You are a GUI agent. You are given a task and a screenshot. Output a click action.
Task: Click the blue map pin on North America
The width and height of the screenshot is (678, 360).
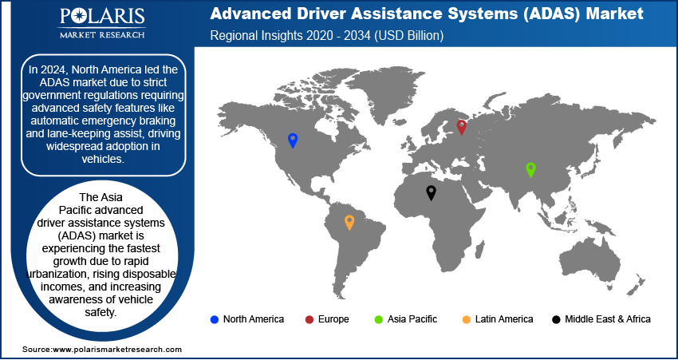tap(293, 140)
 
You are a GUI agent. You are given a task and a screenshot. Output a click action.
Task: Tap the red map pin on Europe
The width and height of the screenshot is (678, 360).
tap(461, 126)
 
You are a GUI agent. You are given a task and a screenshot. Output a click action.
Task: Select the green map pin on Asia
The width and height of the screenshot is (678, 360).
tap(530, 169)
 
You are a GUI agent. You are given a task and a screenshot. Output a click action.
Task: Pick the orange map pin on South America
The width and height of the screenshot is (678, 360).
tap(349, 222)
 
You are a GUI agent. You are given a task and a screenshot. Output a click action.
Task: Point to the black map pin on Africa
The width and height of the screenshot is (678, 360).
tap(431, 192)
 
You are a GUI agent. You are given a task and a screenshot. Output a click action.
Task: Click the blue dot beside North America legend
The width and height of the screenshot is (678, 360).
tap(214, 319)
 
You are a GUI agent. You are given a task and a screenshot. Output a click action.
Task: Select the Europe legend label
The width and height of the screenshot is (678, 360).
tap(333, 319)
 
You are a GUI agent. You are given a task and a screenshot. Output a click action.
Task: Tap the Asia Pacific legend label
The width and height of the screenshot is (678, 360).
tap(412, 319)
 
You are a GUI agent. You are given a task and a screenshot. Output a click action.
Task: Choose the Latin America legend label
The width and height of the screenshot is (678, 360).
tap(504, 319)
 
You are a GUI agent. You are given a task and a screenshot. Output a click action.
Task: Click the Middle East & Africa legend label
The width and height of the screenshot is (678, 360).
tap(608, 319)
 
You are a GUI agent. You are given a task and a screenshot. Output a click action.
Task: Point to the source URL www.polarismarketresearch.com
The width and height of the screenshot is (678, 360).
tap(116, 350)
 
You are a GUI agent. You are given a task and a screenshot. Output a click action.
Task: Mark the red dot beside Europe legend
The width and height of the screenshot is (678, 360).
tap(308, 319)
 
